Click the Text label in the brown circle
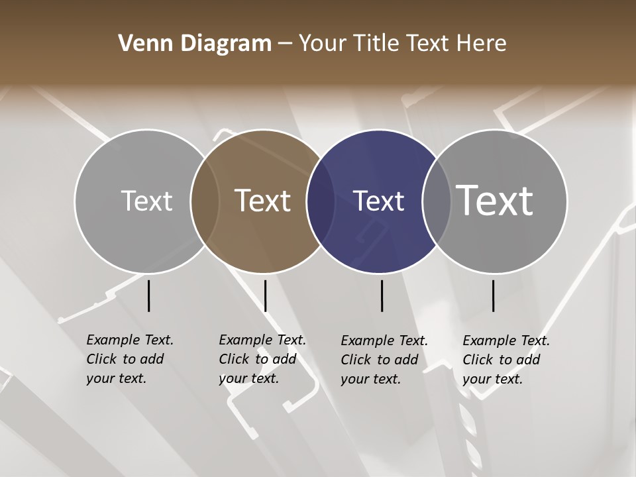click(x=263, y=201)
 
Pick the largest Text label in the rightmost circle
click(x=495, y=200)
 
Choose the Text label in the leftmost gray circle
click(x=146, y=201)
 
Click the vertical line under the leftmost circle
click(x=148, y=295)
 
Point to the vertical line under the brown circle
click(x=265, y=295)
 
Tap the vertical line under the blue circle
click(x=382, y=295)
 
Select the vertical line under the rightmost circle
click(x=493, y=295)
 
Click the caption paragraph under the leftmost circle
click(x=130, y=359)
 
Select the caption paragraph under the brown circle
click(x=262, y=359)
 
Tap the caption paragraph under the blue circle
click(x=384, y=360)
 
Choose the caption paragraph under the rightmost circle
click(x=506, y=360)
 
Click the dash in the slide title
click(x=285, y=44)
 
